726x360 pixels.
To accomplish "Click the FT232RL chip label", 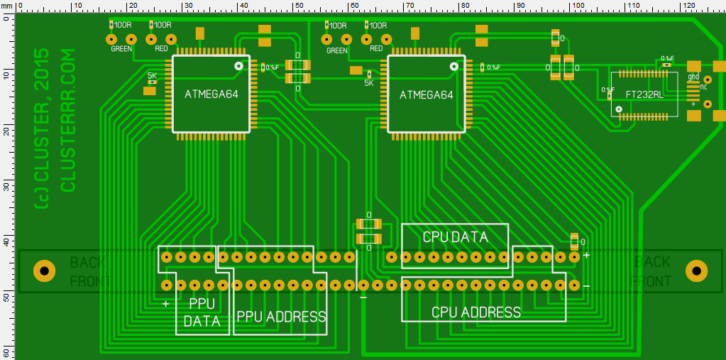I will pos(644,94).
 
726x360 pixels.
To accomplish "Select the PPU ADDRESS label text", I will pos(281,317).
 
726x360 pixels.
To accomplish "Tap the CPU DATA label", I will pos(455,237).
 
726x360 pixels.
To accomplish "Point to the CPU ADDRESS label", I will pos(476,312).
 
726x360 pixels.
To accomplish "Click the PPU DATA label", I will pos(202,312).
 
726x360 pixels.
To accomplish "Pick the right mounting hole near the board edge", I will pos(697,271).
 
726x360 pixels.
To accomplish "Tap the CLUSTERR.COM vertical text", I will pos(69,120).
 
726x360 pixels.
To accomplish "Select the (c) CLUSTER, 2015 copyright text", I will pos(42,128).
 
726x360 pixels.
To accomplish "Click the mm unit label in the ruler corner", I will pos(7,6).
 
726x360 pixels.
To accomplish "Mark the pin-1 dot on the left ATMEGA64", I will pos(238,66).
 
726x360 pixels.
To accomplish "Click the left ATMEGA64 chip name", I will pos(209,94).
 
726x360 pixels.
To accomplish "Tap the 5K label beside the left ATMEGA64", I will pos(152,75).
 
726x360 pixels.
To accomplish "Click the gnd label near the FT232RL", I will pos(693,77).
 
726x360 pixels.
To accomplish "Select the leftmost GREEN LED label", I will pos(121,49).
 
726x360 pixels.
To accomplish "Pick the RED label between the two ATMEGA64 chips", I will pos(376,49).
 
